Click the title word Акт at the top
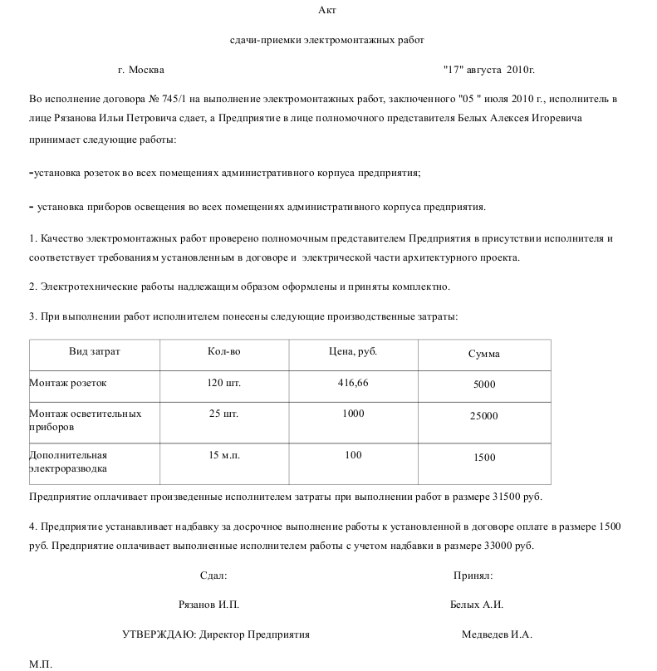point(327,10)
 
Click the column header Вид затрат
point(94,352)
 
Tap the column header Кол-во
point(223,352)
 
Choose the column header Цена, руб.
point(353,352)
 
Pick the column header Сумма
point(483,354)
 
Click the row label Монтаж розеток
point(68,383)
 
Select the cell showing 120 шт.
point(223,383)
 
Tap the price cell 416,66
point(353,383)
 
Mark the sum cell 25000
point(483,416)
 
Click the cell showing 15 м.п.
point(223,455)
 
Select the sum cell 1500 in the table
point(483,458)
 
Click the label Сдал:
point(213,575)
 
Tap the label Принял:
point(473,575)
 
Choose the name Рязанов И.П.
point(208,605)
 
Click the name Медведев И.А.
point(497,634)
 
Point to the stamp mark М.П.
point(41,664)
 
